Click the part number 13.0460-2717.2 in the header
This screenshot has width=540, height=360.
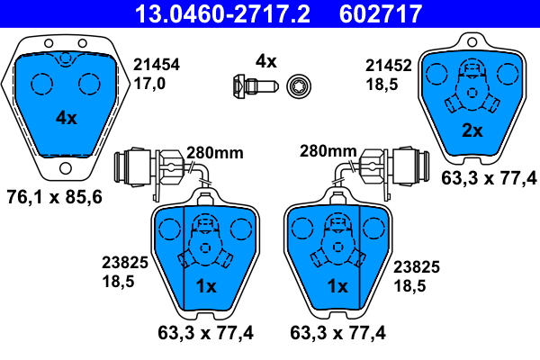[x=222, y=13]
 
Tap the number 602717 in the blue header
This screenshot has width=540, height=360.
[x=380, y=13]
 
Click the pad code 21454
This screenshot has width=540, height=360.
[x=157, y=65]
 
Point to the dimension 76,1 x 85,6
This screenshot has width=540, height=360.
[x=54, y=197]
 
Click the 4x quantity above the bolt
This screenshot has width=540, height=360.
[x=265, y=61]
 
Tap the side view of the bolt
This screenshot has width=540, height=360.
[x=255, y=85]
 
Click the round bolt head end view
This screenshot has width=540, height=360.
[x=299, y=85]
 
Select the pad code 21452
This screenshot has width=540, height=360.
[x=389, y=66]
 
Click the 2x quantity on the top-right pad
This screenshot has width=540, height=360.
[x=472, y=130]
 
